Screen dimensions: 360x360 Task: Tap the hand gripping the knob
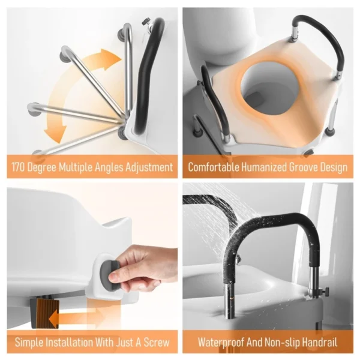pos(144,267)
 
